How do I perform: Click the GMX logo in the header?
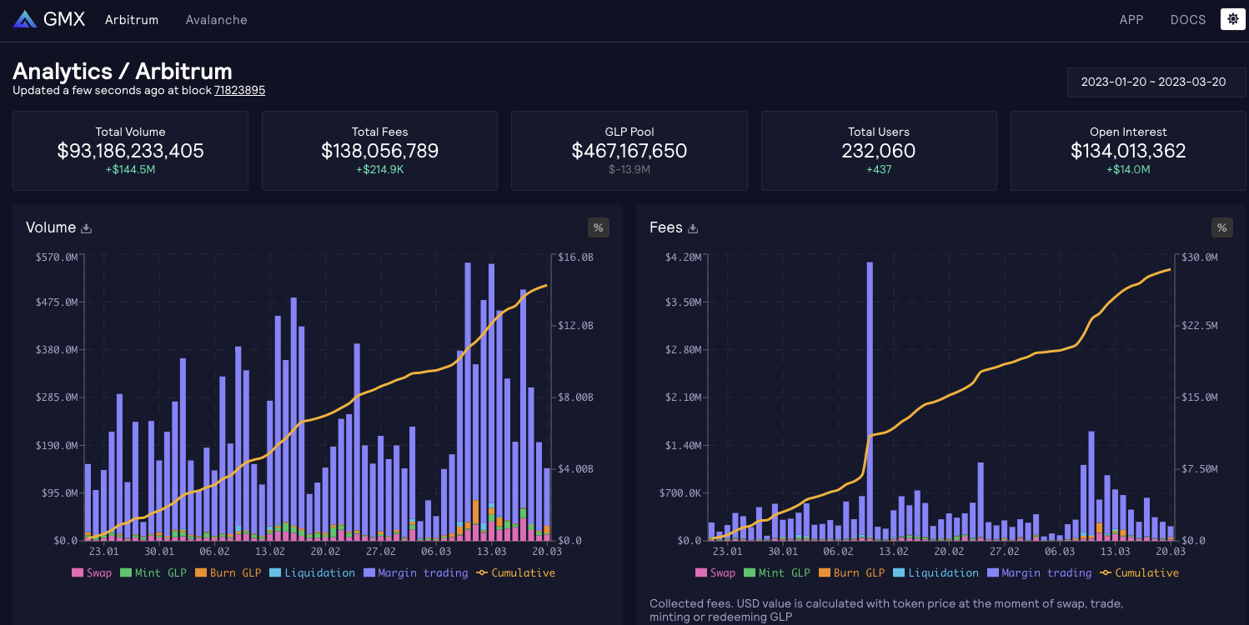tap(49, 19)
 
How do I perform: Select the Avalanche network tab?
tap(216, 19)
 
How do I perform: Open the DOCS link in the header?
tap(1187, 19)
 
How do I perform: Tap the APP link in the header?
tap(1131, 19)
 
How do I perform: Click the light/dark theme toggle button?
tap(1232, 19)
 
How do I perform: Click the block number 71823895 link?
tap(239, 90)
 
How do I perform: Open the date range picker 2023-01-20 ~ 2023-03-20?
tap(1153, 82)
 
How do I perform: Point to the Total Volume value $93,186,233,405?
tap(130, 151)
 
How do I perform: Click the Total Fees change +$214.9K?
tap(379, 169)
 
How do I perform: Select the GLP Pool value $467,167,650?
tap(629, 151)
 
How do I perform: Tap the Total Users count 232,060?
tap(879, 151)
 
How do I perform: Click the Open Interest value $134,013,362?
tap(1128, 151)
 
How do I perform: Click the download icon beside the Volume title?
tap(86, 228)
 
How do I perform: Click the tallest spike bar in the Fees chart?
tap(870, 400)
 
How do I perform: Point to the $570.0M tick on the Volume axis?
tap(57, 257)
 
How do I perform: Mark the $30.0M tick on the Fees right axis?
tap(1199, 257)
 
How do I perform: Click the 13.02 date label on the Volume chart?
tap(270, 551)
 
